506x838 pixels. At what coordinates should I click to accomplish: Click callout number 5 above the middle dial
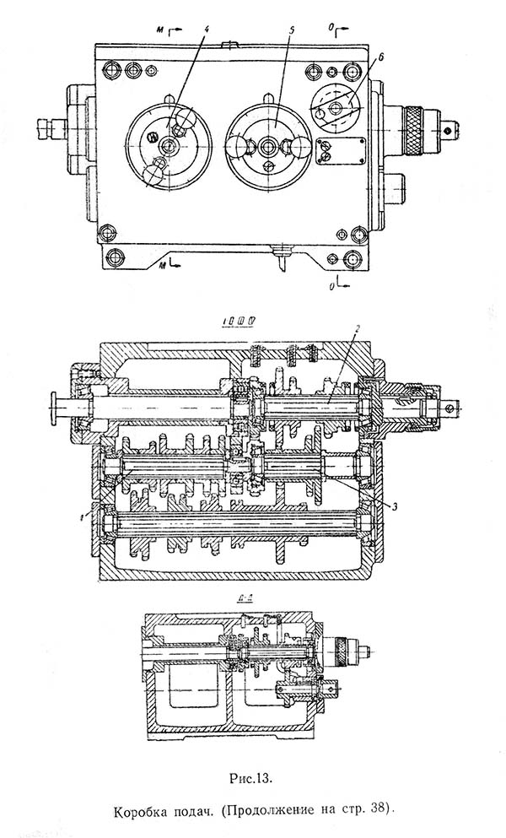(290, 31)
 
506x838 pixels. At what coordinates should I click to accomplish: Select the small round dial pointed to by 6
(336, 108)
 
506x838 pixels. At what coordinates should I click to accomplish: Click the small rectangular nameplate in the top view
(342, 153)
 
